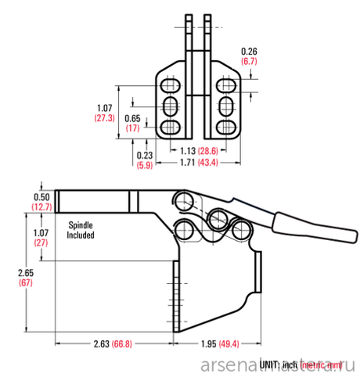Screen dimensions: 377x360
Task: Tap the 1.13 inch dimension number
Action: [188, 150]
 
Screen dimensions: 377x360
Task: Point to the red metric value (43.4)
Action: [207, 162]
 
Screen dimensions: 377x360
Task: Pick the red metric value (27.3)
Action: [105, 117]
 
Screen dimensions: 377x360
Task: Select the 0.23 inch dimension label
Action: [143, 155]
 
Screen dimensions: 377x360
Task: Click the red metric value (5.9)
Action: [143, 165]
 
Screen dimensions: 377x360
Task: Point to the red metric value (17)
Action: [132, 127]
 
